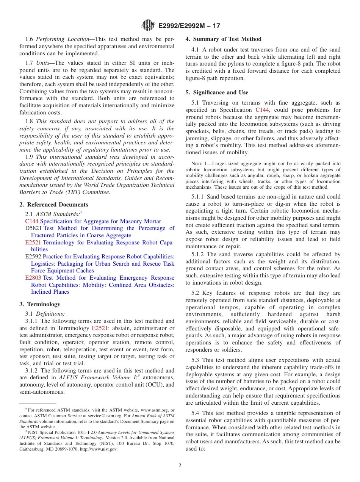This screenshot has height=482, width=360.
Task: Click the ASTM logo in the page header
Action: tap(148, 26)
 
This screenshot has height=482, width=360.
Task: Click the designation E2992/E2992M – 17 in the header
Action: tap(189, 26)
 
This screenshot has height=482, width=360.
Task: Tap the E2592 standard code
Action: tap(33, 257)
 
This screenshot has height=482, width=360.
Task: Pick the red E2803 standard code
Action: tap(33, 278)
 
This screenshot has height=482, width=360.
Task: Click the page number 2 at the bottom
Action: tap(180, 466)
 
